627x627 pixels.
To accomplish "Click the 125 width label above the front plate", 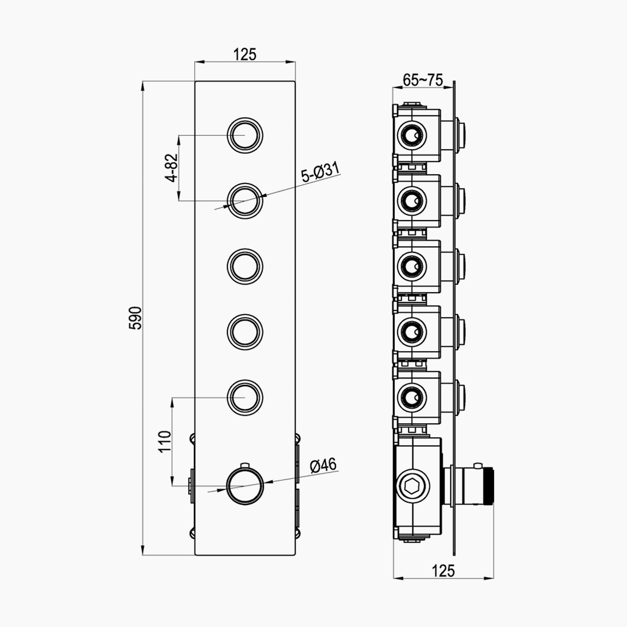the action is pyautogui.click(x=245, y=55).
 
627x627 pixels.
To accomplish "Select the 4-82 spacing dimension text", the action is pyautogui.click(x=171, y=168).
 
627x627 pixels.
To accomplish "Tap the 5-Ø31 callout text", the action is pyautogui.click(x=320, y=172).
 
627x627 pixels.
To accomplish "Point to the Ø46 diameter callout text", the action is pyautogui.click(x=323, y=464).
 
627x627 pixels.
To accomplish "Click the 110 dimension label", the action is pyautogui.click(x=165, y=441).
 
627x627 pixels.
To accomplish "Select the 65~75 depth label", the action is pyautogui.click(x=423, y=80).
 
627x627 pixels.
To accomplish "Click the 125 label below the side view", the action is pyautogui.click(x=444, y=571).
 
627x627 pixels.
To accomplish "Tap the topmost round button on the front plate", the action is pyautogui.click(x=245, y=135).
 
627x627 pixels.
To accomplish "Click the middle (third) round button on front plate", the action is pyautogui.click(x=245, y=266).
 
